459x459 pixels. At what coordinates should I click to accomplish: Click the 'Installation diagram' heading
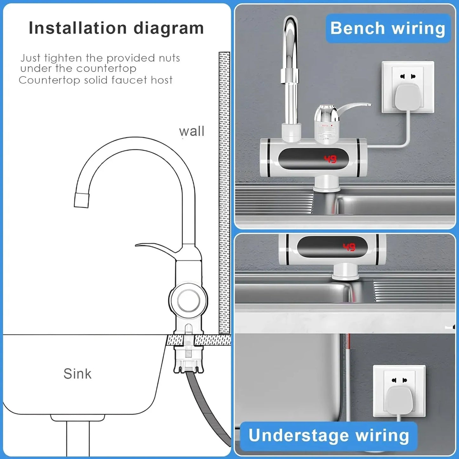pyautogui.click(x=116, y=28)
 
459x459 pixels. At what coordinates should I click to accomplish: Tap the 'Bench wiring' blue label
pyautogui.click(x=388, y=28)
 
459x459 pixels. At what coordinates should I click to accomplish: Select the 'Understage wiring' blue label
pyautogui.click(x=328, y=435)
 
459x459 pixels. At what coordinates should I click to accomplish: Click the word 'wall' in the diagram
pyautogui.click(x=192, y=131)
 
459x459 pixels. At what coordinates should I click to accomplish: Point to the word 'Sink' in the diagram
pyautogui.click(x=78, y=374)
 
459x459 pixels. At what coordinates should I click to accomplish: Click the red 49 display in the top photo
pyautogui.click(x=330, y=159)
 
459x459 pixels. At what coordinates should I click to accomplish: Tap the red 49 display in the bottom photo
pyautogui.click(x=349, y=247)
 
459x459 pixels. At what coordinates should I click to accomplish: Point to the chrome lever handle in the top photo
pyautogui.click(x=353, y=108)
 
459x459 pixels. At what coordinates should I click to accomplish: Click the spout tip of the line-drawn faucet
pyautogui.click(x=81, y=200)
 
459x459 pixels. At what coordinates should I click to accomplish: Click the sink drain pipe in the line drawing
pyautogui.click(x=78, y=438)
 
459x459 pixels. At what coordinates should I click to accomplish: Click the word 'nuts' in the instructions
pyautogui.click(x=170, y=58)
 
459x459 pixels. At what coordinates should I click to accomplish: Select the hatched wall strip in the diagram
pyautogui.click(x=224, y=191)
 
